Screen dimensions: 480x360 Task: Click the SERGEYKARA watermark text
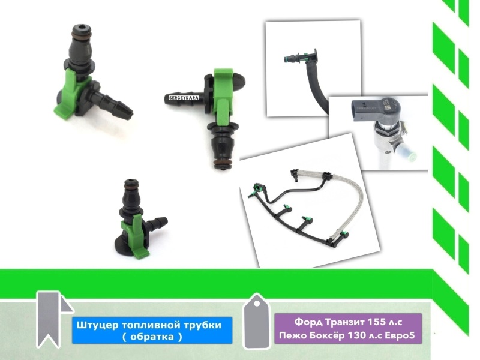184,98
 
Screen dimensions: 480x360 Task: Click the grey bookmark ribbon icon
52,319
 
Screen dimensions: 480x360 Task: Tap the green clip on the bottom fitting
134,235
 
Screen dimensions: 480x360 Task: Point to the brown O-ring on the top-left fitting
80,33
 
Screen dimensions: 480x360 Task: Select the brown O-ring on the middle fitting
222,162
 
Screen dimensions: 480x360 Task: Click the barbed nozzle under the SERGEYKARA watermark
183,97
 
